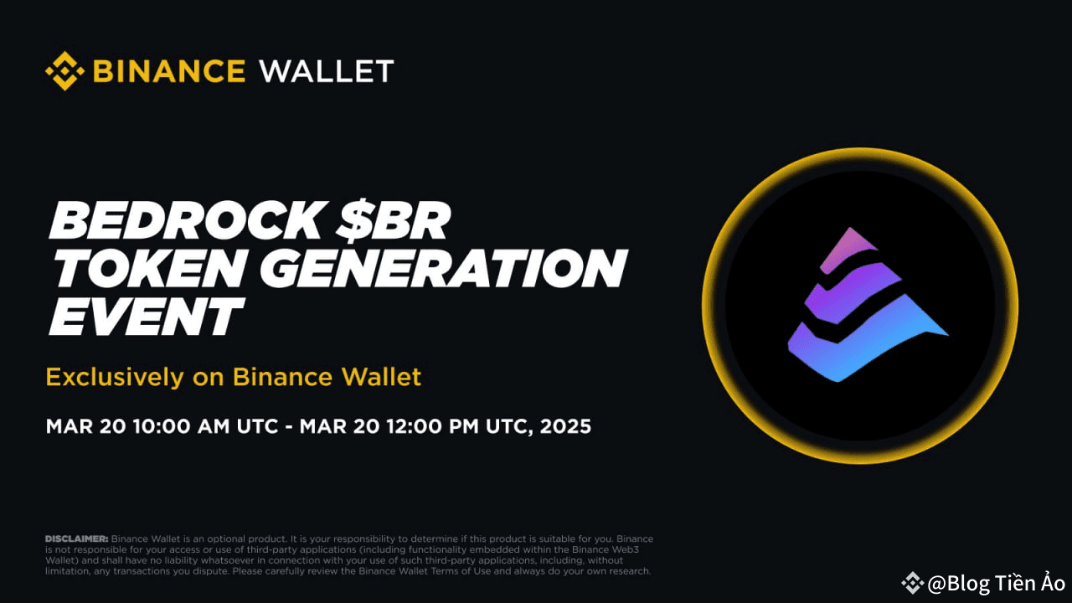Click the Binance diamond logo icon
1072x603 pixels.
(x=64, y=71)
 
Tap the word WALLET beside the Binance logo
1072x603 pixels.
(x=327, y=71)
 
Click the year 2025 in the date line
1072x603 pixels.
(x=565, y=426)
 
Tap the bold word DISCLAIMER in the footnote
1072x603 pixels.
(x=76, y=538)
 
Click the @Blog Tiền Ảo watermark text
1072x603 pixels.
(x=996, y=583)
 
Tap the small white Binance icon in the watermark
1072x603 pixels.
(x=912, y=583)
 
